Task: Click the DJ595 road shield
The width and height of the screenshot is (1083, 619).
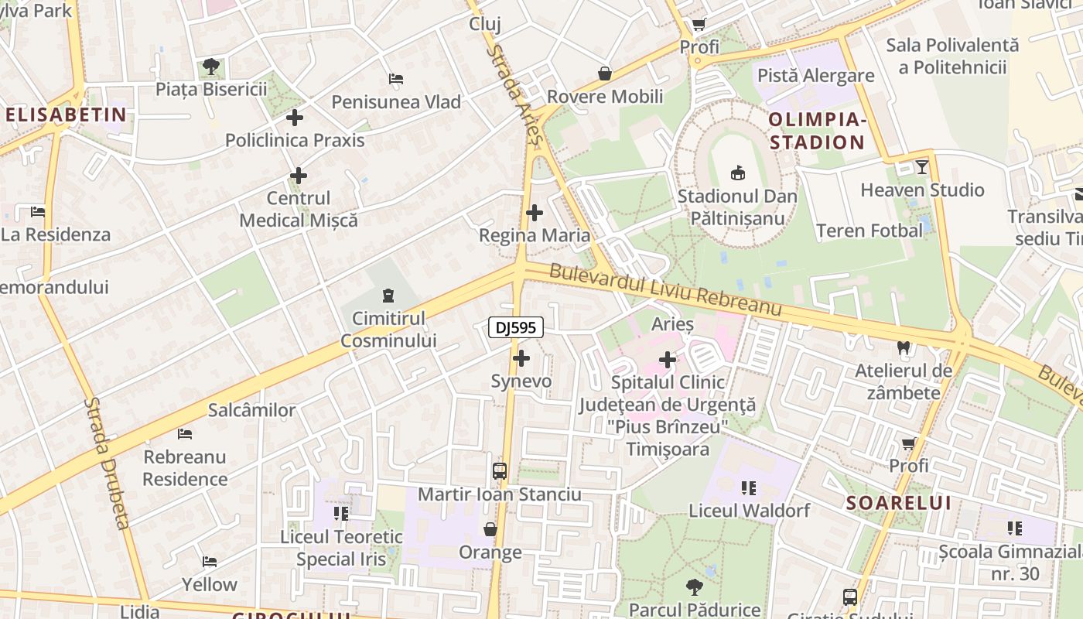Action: [x=516, y=328]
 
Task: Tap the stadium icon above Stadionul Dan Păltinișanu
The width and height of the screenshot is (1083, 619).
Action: [x=737, y=173]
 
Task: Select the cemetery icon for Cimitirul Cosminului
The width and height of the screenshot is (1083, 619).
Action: [x=388, y=295]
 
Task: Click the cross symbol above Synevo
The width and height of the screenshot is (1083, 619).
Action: [x=521, y=358]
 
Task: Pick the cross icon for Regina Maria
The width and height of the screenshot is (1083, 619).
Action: [x=534, y=213]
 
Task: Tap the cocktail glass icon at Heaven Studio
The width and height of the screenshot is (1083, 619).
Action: [x=921, y=166]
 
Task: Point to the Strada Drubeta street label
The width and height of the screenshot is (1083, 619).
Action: [x=108, y=463]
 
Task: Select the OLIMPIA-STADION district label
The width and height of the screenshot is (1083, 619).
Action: [x=817, y=131]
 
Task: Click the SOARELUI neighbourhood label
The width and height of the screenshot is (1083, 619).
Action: [x=898, y=503]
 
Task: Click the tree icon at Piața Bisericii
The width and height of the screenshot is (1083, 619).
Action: [x=210, y=67]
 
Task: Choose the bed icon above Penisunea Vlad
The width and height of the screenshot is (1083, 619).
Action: [x=395, y=79]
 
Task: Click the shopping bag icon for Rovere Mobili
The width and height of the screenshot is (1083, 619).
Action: [x=605, y=74]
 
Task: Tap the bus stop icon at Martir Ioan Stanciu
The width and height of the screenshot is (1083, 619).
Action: [x=500, y=471]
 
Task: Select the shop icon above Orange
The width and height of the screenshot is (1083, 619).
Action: [x=490, y=529]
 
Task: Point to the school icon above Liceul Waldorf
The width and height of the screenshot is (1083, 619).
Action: [x=749, y=487]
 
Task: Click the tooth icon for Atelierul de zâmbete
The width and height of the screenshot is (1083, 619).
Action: [x=903, y=348]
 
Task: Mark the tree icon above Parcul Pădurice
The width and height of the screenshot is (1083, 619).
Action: [x=694, y=587]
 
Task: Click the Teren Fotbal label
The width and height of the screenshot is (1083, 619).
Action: [x=869, y=231]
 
